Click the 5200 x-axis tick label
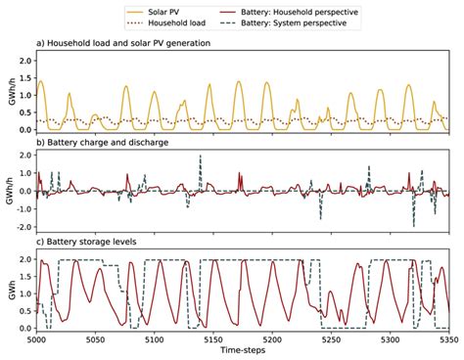271,338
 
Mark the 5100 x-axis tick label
153,338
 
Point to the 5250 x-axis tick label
331,338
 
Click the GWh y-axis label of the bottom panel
7,292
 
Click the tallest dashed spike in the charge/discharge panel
201,157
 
